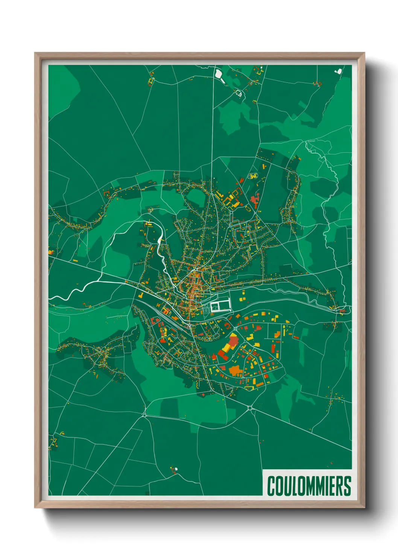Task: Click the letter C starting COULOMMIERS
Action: [271, 486]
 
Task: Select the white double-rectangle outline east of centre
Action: [220, 305]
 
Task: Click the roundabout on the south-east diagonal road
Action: [250, 408]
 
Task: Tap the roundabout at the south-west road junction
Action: [145, 415]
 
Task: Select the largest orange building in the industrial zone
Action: [235, 371]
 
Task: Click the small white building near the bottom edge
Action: [176, 469]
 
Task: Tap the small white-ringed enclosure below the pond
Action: [238, 93]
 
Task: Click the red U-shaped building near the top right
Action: [318, 84]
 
